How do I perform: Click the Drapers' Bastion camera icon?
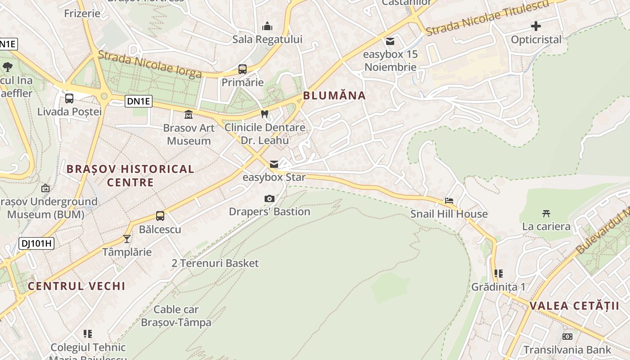(270, 198)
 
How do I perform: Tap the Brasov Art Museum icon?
(189, 115)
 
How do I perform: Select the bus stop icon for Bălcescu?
(160, 216)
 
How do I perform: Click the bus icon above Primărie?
(243, 69)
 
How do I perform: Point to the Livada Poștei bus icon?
(69, 99)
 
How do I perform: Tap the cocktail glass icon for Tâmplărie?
(127, 238)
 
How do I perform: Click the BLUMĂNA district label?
(334, 95)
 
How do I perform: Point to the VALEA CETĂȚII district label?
(574, 306)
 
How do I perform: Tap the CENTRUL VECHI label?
(76, 286)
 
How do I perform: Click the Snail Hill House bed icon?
(449, 201)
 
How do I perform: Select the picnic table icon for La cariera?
(546, 213)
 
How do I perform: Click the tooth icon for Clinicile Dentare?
(265, 114)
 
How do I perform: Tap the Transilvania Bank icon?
(567, 337)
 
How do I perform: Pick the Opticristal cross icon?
(536, 26)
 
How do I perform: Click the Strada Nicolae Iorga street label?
(149, 64)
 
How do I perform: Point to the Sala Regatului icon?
(267, 26)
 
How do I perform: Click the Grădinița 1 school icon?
(498, 274)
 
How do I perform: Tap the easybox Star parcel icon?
(274, 164)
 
